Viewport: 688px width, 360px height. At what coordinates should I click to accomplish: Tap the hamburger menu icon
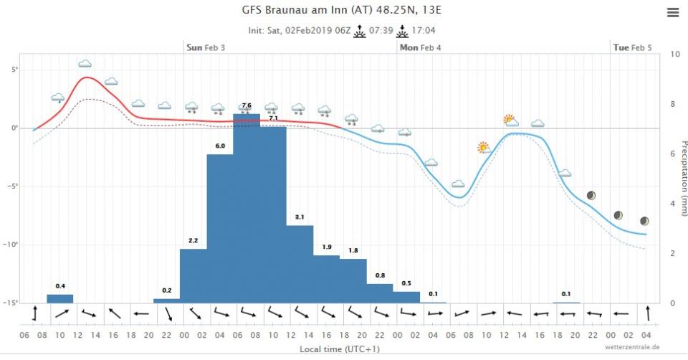[x=672, y=13]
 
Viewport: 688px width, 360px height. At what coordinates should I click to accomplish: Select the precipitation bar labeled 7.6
[x=247, y=208]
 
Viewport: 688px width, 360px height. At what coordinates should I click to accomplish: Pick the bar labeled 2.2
[x=193, y=275]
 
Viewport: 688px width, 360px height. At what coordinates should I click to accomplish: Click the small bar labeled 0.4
[x=60, y=298]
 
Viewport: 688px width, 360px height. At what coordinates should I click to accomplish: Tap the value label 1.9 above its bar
[x=327, y=247]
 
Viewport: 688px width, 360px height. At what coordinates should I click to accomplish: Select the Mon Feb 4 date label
[x=421, y=47]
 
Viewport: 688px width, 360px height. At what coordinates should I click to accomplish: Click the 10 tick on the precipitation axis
[x=675, y=54]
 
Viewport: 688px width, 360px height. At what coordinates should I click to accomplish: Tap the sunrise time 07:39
[x=381, y=31]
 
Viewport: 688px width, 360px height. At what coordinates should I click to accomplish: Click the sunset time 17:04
[x=423, y=31]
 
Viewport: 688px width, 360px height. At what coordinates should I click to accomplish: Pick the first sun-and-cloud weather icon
[x=484, y=148]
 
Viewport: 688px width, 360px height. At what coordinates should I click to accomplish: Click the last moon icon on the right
[x=645, y=221]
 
